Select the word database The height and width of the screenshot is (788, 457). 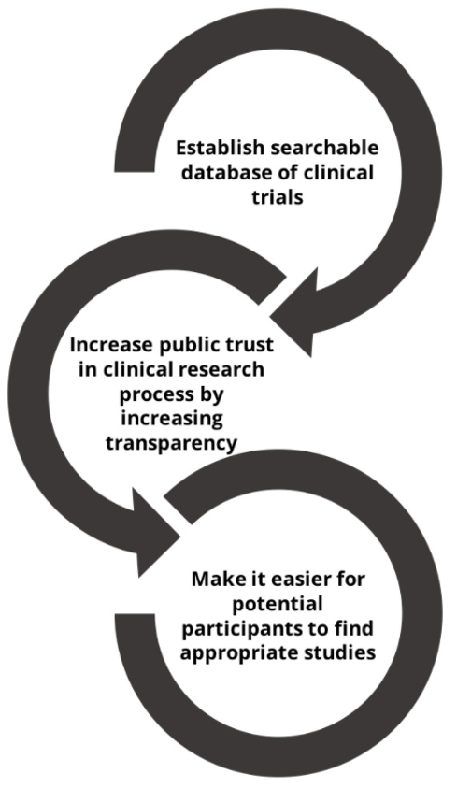[225, 172]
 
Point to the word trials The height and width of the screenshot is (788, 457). [278, 196]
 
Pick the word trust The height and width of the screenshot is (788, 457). [249, 345]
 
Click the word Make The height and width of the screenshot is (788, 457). [216, 580]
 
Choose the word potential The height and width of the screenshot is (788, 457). [278, 604]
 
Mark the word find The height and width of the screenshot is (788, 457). [350, 628]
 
